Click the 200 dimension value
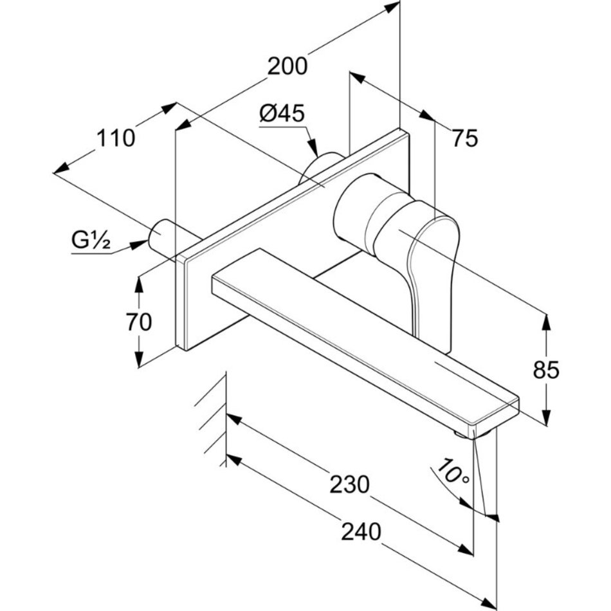[287, 66]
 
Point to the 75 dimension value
[464, 138]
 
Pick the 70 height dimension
[139, 321]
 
